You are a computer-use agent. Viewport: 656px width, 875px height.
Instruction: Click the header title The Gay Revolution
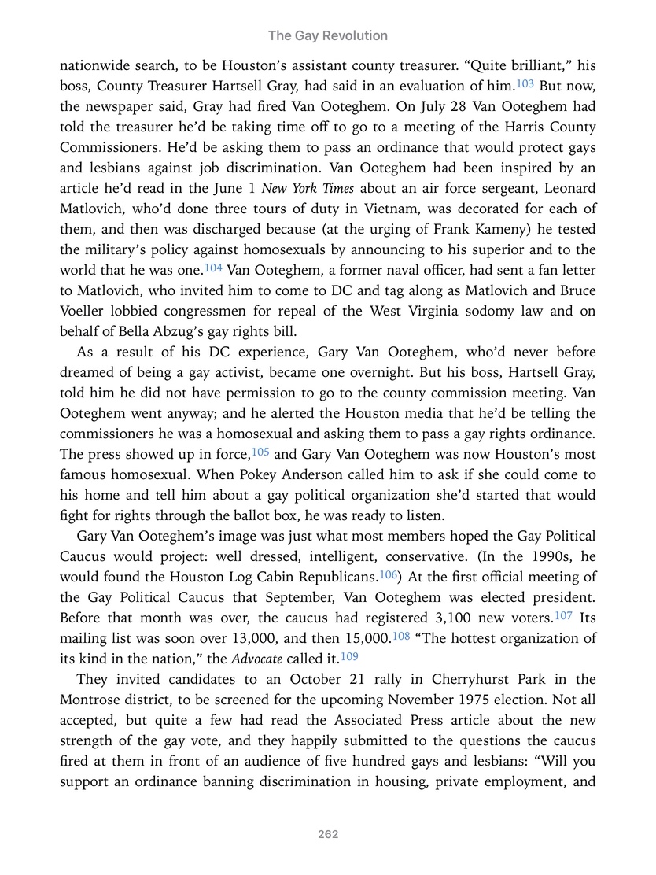(327, 35)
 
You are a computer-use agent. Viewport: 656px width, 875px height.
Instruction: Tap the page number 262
(328, 834)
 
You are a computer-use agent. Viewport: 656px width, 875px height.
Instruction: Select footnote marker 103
(525, 83)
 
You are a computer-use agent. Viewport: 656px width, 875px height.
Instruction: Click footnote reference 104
(213, 267)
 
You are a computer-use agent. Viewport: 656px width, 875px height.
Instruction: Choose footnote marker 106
(388, 574)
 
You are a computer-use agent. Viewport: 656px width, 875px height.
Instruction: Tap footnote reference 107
(563, 615)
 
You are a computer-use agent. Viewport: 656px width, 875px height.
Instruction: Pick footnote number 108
(400, 635)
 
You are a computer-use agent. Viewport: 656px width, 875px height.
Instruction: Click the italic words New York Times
(308, 188)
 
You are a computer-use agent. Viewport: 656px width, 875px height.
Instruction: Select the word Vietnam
(422, 209)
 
